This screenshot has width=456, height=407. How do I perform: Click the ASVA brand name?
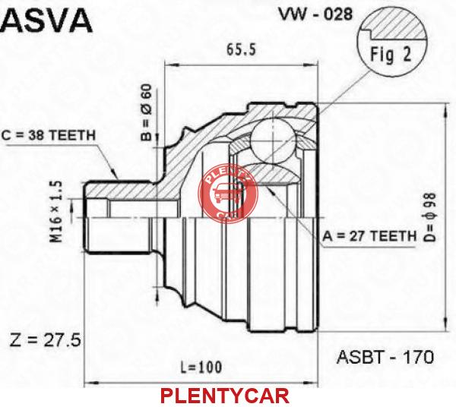tap(46, 21)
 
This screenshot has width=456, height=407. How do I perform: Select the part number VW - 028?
tap(315, 14)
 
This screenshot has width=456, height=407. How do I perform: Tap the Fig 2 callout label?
tap(391, 55)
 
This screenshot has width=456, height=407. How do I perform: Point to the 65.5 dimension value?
tap(241, 49)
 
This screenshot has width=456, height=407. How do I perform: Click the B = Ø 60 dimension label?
tap(146, 112)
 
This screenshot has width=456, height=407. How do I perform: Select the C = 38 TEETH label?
tap(49, 135)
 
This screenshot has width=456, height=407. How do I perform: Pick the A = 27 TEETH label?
tap(369, 236)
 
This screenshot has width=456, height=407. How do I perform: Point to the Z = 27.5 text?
tap(45, 340)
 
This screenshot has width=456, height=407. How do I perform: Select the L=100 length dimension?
tap(201, 368)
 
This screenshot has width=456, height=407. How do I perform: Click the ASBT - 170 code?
tap(385, 357)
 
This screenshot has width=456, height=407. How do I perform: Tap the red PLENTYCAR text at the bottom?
tap(225, 396)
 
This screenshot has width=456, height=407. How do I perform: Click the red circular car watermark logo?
tap(228, 194)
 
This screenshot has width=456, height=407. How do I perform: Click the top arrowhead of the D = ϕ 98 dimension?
tap(445, 109)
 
